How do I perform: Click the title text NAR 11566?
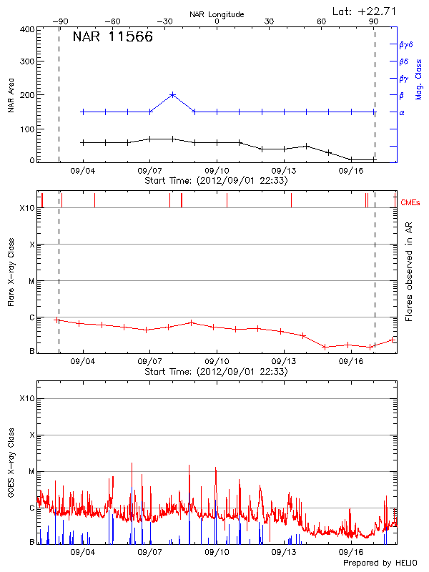click(x=112, y=38)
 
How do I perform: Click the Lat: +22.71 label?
click(x=365, y=11)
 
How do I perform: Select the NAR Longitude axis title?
click(x=217, y=14)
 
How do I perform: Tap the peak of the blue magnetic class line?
click(x=172, y=94)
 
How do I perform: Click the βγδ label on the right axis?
click(x=405, y=44)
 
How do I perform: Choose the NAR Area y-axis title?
click(x=11, y=96)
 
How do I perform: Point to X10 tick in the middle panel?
click(x=27, y=208)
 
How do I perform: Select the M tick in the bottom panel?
click(x=31, y=472)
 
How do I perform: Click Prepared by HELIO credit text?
click(x=380, y=563)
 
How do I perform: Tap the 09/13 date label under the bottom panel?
click(x=284, y=552)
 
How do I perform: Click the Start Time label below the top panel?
click(x=216, y=181)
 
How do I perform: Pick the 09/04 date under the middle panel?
click(x=83, y=362)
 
